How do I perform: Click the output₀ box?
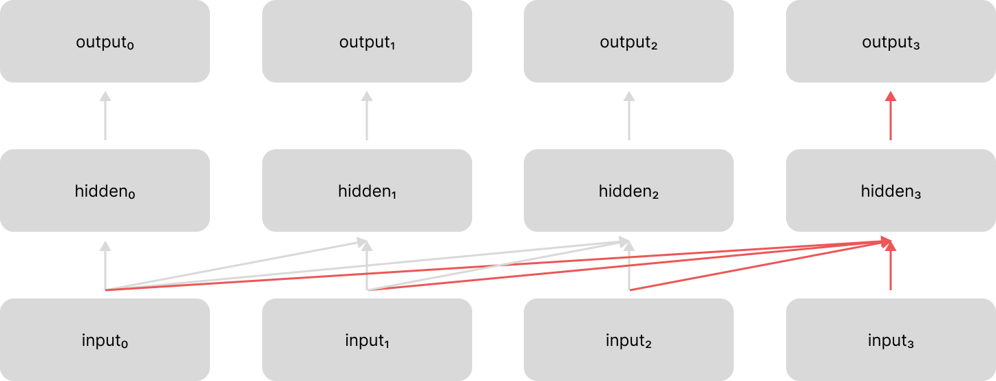pyautogui.click(x=105, y=41)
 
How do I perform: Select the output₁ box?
pyautogui.click(x=367, y=41)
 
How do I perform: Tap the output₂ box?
pyautogui.click(x=628, y=41)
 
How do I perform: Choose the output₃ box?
pyautogui.click(x=891, y=41)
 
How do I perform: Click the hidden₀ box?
pyautogui.click(x=105, y=190)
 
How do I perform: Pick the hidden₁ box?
pyautogui.click(x=367, y=190)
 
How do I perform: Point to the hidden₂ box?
pyautogui.click(x=628, y=190)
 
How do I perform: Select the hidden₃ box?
pyautogui.click(x=891, y=190)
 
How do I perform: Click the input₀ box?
pyautogui.click(x=105, y=340)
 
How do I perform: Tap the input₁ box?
pyautogui.click(x=367, y=340)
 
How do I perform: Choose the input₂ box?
pyautogui.click(x=628, y=340)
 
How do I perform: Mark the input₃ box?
pyautogui.click(x=891, y=340)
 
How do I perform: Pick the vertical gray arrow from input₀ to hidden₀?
pyautogui.click(x=105, y=268)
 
